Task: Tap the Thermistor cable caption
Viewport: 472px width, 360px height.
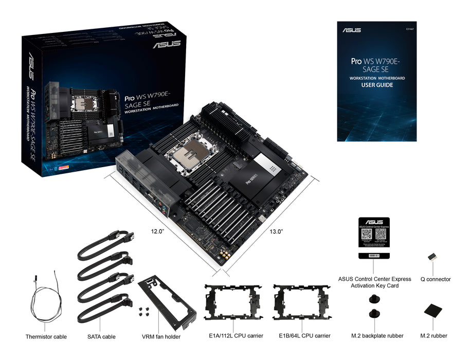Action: pos(46,337)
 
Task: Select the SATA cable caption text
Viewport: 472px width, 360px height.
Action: pos(101,337)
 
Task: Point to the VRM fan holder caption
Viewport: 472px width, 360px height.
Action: pos(161,337)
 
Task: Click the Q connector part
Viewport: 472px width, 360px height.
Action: pos(432,258)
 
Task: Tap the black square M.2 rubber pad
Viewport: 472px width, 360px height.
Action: pos(433,311)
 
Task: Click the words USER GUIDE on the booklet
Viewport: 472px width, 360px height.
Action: pos(377,85)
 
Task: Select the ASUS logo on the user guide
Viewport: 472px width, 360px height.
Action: pos(352,30)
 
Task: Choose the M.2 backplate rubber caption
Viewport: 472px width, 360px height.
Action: pos(377,336)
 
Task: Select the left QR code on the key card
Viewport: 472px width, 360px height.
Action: pos(367,235)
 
